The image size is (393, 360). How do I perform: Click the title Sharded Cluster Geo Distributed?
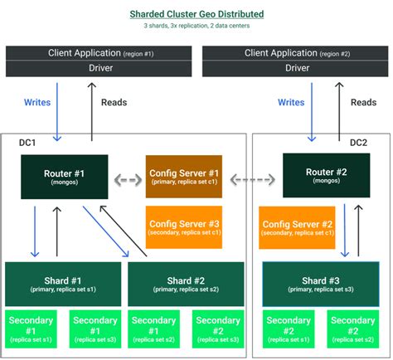pyautogui.click(x=196, y=14)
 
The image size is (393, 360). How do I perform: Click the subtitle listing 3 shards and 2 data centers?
pyautogui.click(x=196, y=27)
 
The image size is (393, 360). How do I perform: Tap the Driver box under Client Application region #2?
pyautogui.click(x=296, y=67)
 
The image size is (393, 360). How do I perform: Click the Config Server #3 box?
pyautogui.click(x=183, y=227)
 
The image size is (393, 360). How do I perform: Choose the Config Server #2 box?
pyautogui.click(x=297, y=227)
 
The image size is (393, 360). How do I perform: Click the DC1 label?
pyautogui.click(x=28, y=143)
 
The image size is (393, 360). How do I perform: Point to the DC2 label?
pyautogui.click(x=358, y=143)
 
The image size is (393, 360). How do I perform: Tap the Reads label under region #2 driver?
pyautogui.click(x=363, y=103)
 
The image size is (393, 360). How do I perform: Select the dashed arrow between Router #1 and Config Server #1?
pyautogui.click(x=127, y=178)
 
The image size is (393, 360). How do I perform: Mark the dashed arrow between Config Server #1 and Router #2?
pyautogui.click(x=253, y=178)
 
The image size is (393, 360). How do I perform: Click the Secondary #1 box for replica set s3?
pyautogui.click(x=95, y=329)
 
